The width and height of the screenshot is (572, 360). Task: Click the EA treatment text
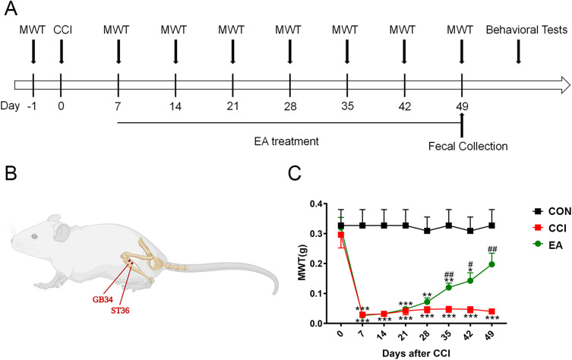pyautogui.click(x=286, y=141)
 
